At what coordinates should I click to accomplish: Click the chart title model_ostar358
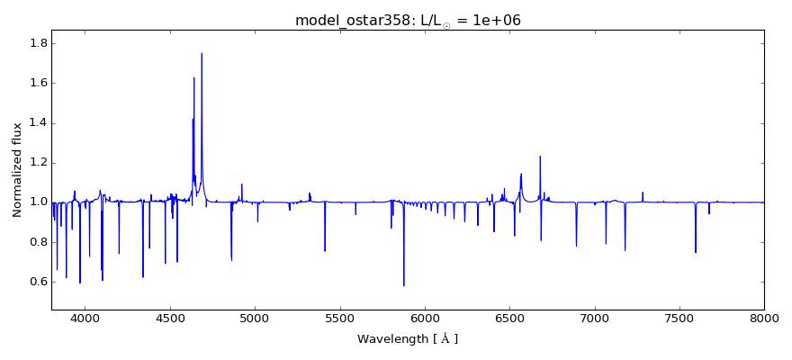tap(408, 21)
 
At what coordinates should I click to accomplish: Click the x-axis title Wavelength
tap(408, 339)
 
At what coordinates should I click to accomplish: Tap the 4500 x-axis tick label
tap(170, 319)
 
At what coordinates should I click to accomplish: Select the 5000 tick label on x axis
tap(255, 319)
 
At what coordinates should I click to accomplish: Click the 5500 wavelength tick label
tap(339, 319)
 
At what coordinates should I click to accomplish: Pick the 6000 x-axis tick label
tap(425, 319)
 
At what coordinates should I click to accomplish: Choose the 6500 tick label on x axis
tap(509, 319)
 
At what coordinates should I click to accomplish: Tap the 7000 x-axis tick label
tap(594, 319)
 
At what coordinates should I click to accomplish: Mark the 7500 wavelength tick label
tap(679, 319)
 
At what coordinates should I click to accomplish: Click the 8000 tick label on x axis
tap(764, 319)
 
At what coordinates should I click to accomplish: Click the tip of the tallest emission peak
tap(202, 53)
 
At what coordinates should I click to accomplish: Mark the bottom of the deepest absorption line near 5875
tap(403, 285)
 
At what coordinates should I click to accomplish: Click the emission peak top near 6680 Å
tap(540, 157)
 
